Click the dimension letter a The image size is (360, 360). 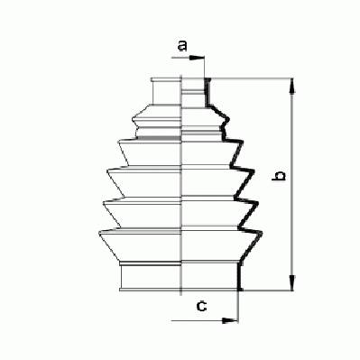click(182, 46)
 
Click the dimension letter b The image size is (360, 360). click(279, 176)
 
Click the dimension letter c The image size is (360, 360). click(201, 306)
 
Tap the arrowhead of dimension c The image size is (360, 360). click(230, 320)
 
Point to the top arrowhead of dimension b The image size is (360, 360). click(291, 86)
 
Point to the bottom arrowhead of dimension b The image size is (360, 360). click(291, 282)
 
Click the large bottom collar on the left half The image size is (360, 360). click(151, 275)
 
